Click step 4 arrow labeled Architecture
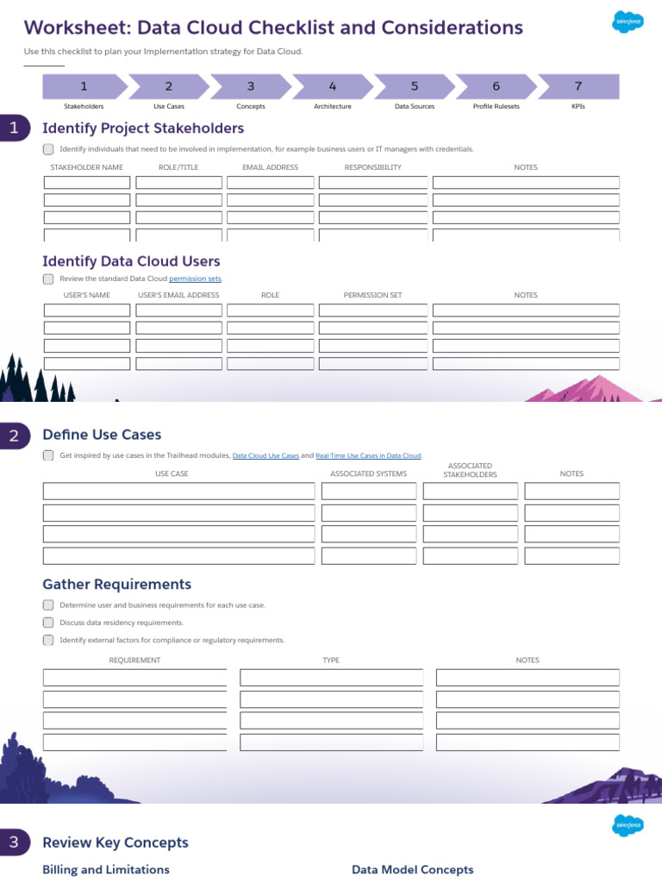point(333,86)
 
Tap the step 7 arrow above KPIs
point(578,86)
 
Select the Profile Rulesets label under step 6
point(496,106)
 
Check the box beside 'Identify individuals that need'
point(48,149)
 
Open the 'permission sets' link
point(196,279)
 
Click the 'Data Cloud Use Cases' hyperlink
point(265,455)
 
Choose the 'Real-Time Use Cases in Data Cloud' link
point(368,455)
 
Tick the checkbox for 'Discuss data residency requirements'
point(48,623)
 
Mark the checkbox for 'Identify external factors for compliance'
point(48,640)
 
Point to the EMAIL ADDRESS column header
point(271,167)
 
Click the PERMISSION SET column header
point(372,295)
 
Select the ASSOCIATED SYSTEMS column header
point(368,473)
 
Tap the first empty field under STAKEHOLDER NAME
point(87,183)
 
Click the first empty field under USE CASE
point(179,492)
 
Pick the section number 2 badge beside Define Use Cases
point(15,435)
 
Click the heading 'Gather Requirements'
point(116,585)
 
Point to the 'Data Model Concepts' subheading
point(412,870)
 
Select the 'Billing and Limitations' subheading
point(106,870)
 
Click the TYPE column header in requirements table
point(331,661)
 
